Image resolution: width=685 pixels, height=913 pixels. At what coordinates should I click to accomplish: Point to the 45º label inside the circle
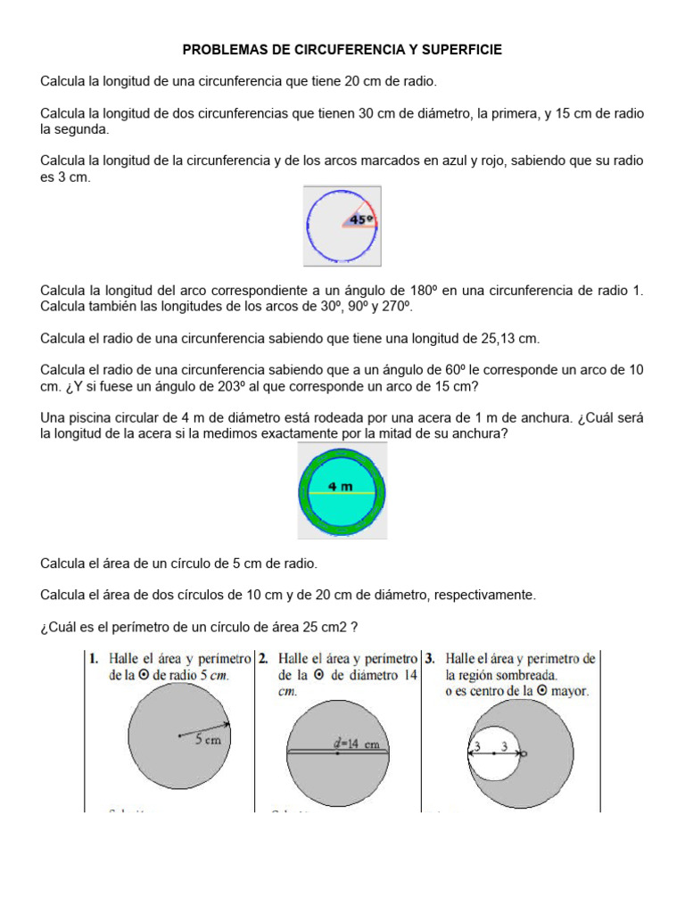[x=360, y=218]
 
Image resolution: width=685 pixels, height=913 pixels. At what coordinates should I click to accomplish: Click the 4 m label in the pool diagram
[x=340, y=486]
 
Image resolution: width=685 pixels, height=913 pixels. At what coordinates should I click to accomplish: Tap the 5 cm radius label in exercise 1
[x=208, y=739]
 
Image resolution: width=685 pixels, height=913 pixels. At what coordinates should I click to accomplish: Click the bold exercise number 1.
[x=93, y=659]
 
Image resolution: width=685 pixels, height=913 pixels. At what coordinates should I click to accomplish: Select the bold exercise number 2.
[x=263, y=659]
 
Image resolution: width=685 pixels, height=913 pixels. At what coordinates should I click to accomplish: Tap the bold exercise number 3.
[x=430, y=659]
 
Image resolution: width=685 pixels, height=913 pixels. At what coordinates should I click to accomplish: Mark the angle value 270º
[x=397, y=307]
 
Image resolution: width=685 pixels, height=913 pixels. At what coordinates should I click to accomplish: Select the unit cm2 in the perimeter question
[x=336, y=626]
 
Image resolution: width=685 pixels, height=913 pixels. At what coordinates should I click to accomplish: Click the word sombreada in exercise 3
[x=527, y=675]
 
